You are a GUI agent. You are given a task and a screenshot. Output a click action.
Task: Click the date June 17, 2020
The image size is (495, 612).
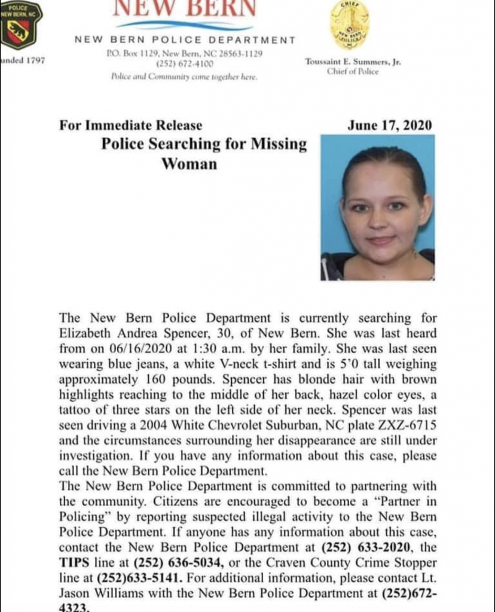pos(389,126)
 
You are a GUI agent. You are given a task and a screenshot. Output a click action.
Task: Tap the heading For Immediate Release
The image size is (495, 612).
pos(130,126)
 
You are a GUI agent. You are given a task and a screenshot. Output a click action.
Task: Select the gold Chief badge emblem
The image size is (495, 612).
pos(350,25)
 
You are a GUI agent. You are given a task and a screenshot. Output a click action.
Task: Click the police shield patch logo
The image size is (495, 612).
pos(21,25)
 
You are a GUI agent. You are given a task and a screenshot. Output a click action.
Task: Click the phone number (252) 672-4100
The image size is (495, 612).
pos(181,63)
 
